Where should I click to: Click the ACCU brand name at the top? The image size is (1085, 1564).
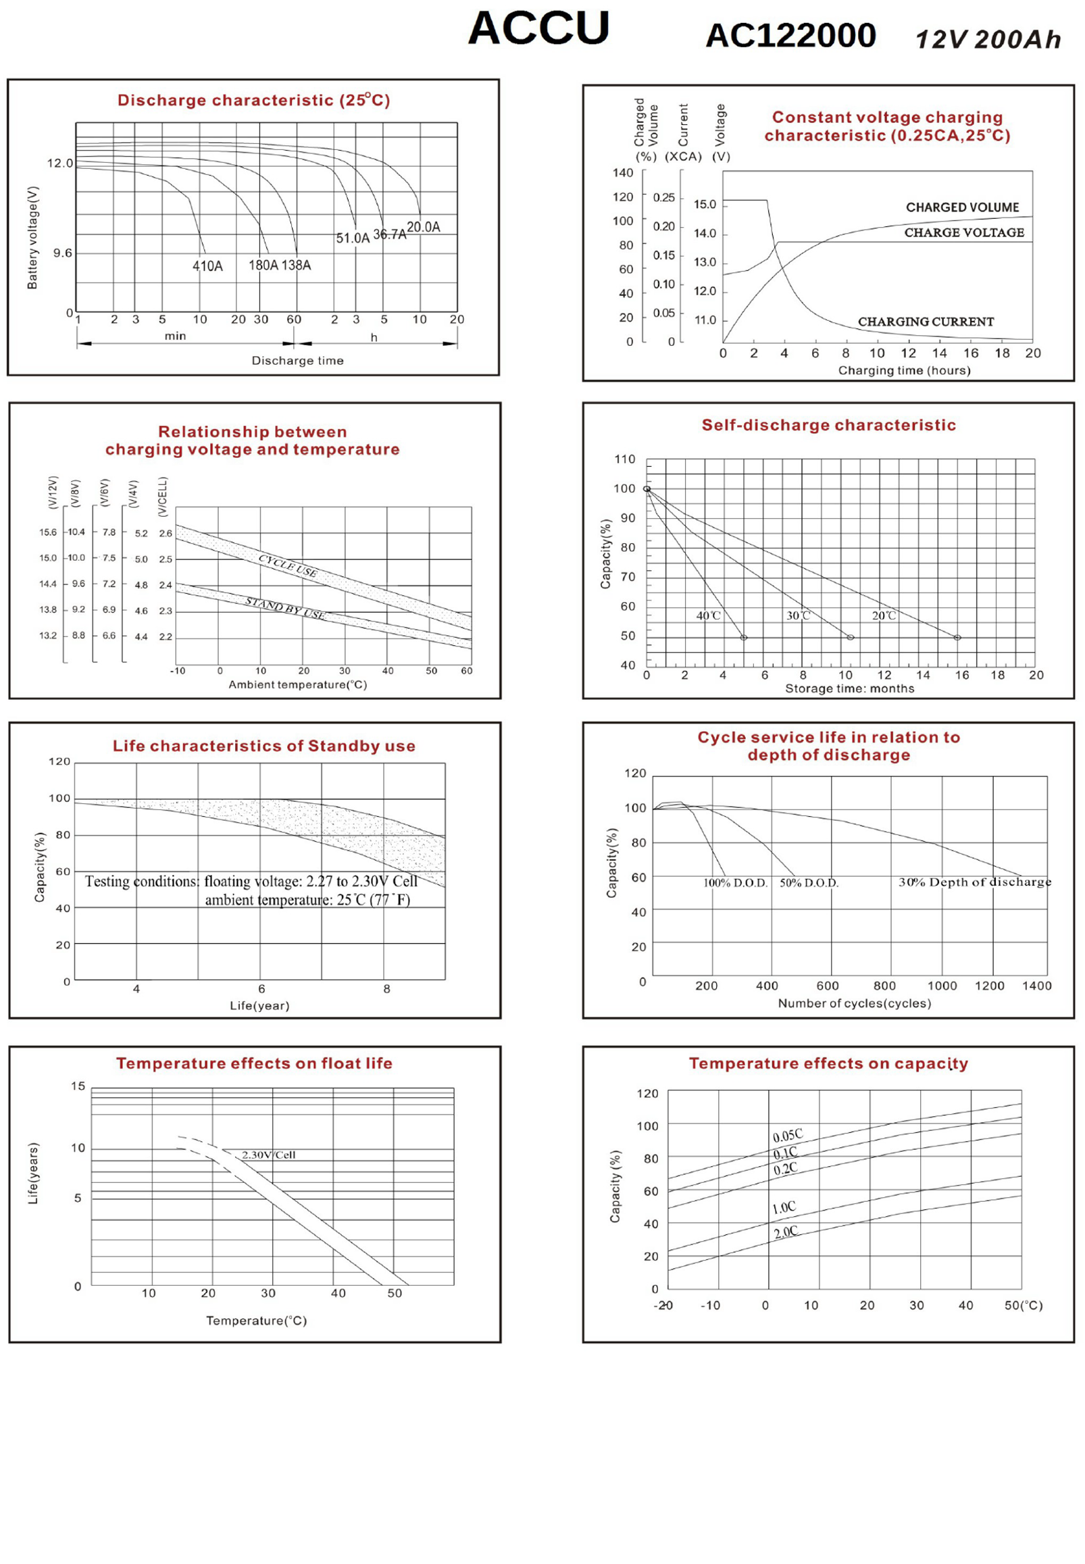538,28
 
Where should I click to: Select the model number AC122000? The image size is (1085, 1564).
790,36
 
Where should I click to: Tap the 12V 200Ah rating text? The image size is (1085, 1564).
988,40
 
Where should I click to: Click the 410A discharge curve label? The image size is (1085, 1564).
207,266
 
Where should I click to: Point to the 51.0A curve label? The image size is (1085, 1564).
353,238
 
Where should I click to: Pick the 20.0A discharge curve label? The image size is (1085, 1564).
424,227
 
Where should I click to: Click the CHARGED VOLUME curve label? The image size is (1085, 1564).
962,207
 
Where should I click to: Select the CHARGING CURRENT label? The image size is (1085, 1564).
926,322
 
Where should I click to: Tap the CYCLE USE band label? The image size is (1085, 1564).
288,565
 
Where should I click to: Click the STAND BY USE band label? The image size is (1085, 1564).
285,607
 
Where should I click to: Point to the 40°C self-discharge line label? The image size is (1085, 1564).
708,616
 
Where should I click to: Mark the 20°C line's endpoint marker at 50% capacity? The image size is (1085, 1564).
957,638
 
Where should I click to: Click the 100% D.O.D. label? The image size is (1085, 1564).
735,883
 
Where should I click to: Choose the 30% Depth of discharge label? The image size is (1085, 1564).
974,882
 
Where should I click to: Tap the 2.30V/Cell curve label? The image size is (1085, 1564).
268,1155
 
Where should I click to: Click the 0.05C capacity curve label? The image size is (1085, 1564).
787,1136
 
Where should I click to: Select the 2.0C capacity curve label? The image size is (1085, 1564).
785,1232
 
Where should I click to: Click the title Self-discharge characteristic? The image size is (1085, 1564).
828,426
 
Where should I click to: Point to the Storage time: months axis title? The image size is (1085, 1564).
849,688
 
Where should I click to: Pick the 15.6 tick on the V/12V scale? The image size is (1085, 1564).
47,532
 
